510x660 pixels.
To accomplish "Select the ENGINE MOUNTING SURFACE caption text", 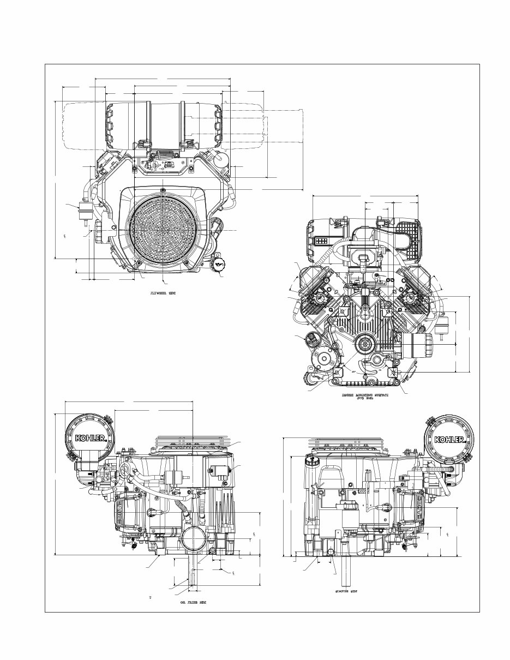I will coord(365,395).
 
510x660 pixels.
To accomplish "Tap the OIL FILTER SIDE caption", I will coord(193,602).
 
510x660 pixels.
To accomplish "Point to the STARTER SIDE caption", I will coord(344,591).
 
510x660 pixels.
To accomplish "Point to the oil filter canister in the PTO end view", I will coord(417,344).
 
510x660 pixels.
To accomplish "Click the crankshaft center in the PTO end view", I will coord(363,345).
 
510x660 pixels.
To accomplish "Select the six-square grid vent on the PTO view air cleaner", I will coord(321,240).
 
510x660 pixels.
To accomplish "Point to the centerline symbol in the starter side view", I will coord(448,534).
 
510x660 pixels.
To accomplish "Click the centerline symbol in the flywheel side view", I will coord(65,236).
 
